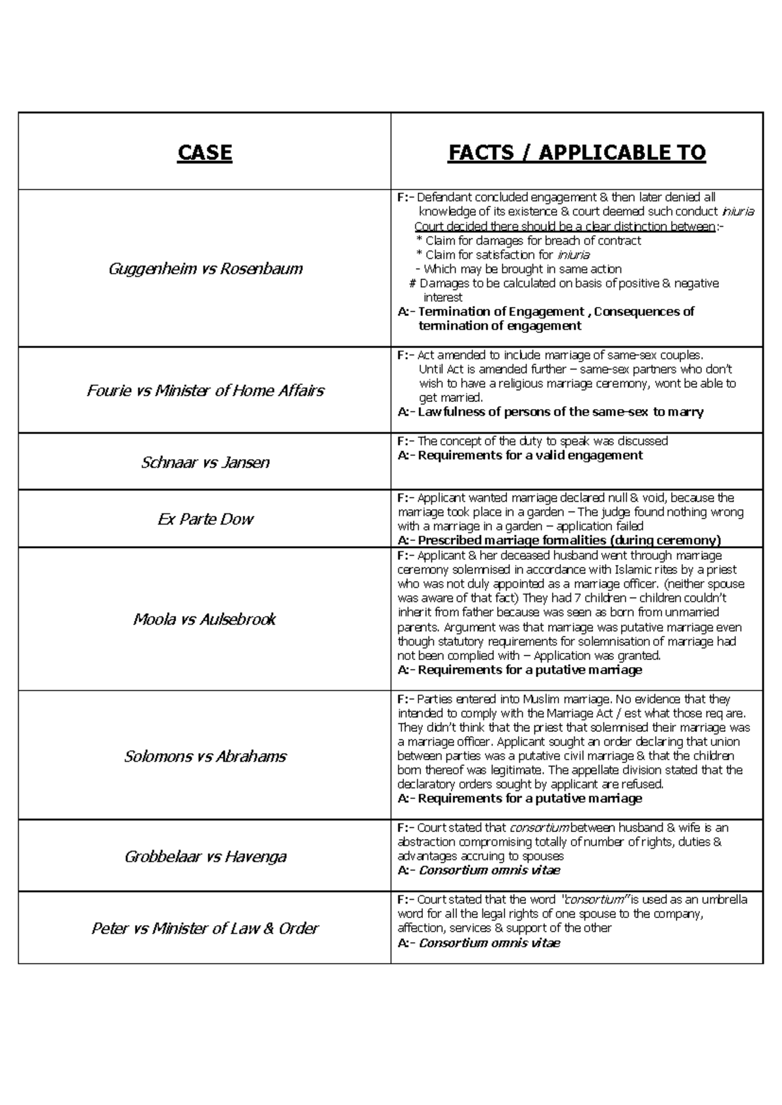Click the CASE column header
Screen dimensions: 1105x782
click(x=205, y=153)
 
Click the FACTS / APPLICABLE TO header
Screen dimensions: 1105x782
click(x=577, y=153)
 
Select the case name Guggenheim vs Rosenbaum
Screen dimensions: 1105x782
click(x=205, y=268)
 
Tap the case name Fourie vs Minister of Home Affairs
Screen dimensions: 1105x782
click(x=205, y=390)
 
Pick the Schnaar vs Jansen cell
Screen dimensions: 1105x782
click(x=205, y=463)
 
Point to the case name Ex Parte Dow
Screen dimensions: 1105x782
click(x=205, y=519)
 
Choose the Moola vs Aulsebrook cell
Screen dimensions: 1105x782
click(x=205, y=619)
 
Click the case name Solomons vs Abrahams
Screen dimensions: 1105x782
click(x=205, y=756)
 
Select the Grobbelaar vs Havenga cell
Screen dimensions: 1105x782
click(x=205, y=856)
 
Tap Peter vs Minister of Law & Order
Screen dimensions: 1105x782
click(x=205, y=928)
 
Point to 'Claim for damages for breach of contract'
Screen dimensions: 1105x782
click(x=532, y=240)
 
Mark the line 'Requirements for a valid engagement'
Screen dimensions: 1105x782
click(x=529, y=455)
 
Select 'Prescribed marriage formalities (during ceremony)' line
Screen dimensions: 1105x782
click(x=569, y=540)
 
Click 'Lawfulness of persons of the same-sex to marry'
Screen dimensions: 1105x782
click(x=560, y=412)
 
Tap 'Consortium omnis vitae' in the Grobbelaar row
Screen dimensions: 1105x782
click(x=489, y=870)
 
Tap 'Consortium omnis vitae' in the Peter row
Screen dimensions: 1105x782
click(x=489, y=943)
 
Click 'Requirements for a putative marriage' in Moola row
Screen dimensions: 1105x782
click(x=529, y=670)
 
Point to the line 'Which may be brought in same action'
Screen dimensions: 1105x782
click(x=522, y=269)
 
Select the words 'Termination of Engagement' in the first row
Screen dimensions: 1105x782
click(x=500, y=311)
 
